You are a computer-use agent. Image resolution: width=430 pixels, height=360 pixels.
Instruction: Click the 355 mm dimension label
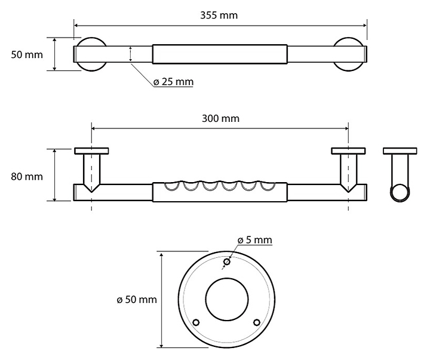coord(219,15)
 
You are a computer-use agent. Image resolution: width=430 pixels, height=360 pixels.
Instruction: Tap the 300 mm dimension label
coord(220,118)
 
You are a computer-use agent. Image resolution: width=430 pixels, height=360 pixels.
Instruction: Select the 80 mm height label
coord(27,176)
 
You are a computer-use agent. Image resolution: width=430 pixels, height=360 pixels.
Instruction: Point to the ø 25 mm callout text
coord(173,82)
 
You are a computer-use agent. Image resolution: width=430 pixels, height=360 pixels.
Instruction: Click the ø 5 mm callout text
coord(255,240)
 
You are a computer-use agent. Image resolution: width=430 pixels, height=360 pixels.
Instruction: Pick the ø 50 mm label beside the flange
coord(137,300)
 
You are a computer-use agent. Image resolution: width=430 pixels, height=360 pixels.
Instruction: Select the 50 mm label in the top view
coord(27,54)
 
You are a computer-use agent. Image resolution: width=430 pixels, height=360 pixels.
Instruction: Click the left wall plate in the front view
coord(91,151)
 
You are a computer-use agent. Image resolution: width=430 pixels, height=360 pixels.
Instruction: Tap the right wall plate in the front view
coord(348,151)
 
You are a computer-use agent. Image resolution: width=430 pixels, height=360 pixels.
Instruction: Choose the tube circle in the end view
coord(400,184)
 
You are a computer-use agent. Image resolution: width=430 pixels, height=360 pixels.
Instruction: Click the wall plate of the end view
coord(400,151)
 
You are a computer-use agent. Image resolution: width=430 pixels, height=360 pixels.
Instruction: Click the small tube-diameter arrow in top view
coord(131,54)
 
